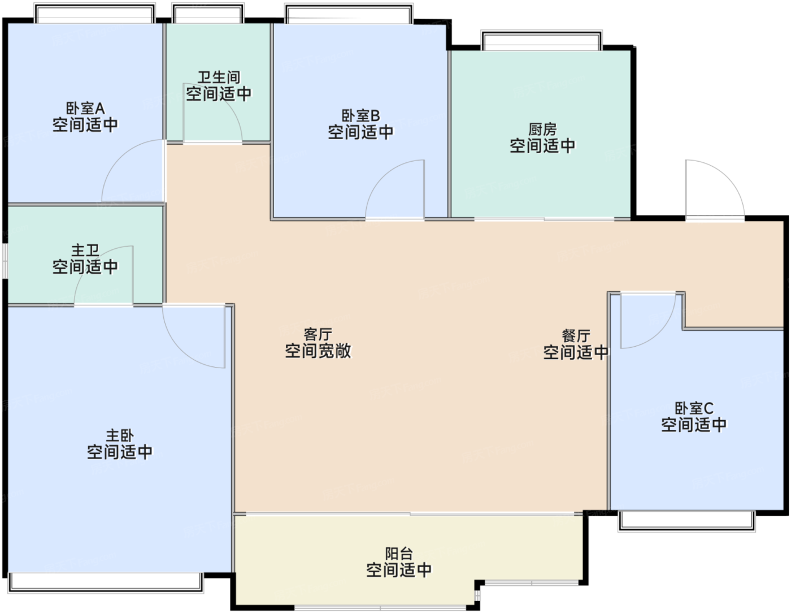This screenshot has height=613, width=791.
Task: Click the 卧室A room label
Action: [85, 108]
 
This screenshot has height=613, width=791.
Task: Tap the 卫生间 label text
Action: [219, 77]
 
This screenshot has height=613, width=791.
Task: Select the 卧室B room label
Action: [360, 116]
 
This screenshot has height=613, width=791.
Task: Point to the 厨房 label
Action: [542, 129]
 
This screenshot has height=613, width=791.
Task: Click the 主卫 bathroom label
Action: [85, 250]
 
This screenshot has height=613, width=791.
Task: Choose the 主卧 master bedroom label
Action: [120, 435]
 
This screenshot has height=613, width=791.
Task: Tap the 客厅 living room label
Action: [318, 334]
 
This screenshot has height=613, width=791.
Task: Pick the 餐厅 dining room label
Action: [576, 335]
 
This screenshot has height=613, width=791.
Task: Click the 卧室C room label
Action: [694, 408]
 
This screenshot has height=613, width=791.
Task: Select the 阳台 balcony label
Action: [398, 554]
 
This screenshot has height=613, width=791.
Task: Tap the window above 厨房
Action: [542, 40]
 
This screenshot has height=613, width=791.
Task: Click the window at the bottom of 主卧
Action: [106, 582]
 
